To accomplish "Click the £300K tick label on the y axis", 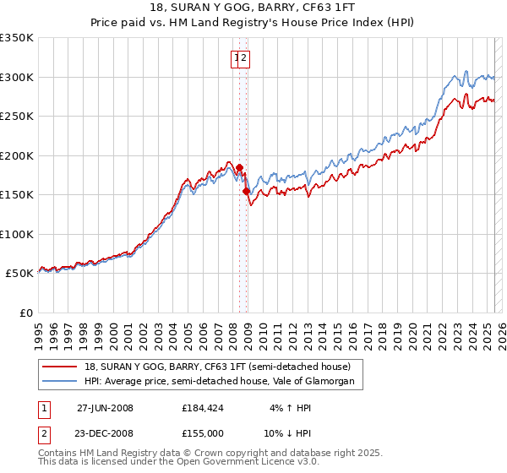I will tap(17, 77).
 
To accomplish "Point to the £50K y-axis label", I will tap(19, 274).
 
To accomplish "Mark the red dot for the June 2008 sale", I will tap(239, 167).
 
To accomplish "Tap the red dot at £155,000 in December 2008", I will tap(247, 192).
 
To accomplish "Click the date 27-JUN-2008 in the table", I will tap(105, 408).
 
